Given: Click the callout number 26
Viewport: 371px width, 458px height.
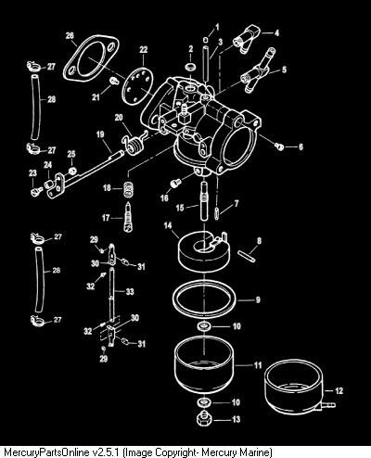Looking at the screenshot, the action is pos(70,35).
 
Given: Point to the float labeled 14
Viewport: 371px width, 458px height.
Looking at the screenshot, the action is pos(204,249).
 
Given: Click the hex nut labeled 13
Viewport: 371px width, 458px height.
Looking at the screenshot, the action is pos(204,418).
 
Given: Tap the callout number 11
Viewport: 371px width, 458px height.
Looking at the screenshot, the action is pos(258,365).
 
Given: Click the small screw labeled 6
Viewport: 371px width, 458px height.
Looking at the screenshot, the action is pos(279,146).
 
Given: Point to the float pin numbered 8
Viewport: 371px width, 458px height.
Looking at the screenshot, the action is pos(247,256).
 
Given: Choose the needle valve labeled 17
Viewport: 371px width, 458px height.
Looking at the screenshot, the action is pos(128,216).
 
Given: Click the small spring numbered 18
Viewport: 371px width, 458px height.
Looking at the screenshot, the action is pos(129,188).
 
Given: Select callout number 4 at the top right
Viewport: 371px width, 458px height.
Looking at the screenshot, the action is pos(276,32).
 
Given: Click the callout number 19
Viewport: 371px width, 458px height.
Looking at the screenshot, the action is pos(100,134).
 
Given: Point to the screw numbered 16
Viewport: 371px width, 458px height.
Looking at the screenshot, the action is pos(175,183).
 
